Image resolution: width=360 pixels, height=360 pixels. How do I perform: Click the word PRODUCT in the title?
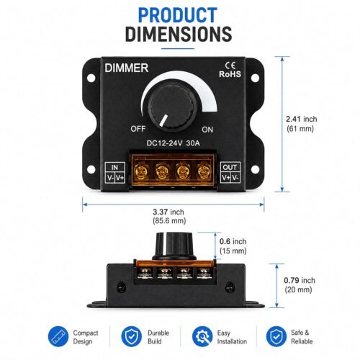pos(178,15)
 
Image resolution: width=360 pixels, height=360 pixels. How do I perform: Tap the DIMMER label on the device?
pos(127,68)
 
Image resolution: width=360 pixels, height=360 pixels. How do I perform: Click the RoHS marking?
pos(230,74)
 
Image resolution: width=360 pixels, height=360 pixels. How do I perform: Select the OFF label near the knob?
pos(138,129)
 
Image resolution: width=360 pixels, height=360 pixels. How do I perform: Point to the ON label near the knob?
pos(207,130)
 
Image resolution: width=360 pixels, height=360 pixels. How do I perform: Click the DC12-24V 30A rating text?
pos(173,143)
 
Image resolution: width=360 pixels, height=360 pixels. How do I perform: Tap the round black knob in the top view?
pos(172,107)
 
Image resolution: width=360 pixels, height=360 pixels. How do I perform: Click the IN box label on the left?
pos(114,167)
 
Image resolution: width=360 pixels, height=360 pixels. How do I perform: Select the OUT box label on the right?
pos(230,167)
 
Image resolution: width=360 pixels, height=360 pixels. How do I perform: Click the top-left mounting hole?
pos(91,78)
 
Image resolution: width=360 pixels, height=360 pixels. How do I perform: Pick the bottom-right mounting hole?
pos(255,169)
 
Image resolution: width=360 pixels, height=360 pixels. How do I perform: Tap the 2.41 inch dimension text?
pos(302,119)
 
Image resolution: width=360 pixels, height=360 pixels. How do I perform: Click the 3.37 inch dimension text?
pos(168,212)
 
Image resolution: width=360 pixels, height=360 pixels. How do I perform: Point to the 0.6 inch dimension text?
pos(233,241)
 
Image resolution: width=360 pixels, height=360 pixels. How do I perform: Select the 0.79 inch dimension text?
pos(300,280)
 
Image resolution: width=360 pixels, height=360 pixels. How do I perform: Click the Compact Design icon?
pos(58,336)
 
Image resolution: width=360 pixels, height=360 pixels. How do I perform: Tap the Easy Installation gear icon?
pos(202,336)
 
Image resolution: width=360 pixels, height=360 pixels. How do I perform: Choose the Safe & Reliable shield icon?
pos(276,336)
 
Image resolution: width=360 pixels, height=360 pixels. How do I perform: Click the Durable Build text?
pos(158,337)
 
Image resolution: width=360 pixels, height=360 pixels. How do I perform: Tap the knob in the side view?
pos(174,246)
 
